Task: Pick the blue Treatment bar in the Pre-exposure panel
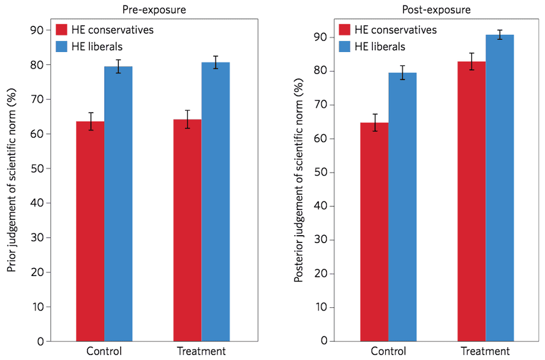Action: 216,201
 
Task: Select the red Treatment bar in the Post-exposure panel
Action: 472,201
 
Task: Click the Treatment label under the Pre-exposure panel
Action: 201,351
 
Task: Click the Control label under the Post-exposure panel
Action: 388,351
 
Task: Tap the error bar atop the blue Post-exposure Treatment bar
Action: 500,34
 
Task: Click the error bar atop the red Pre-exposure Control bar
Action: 90,121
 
